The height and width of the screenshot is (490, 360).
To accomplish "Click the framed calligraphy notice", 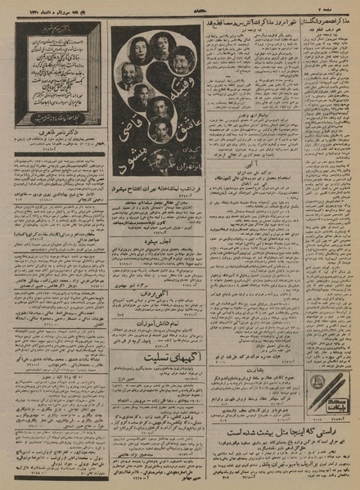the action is [x=57, y=73].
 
